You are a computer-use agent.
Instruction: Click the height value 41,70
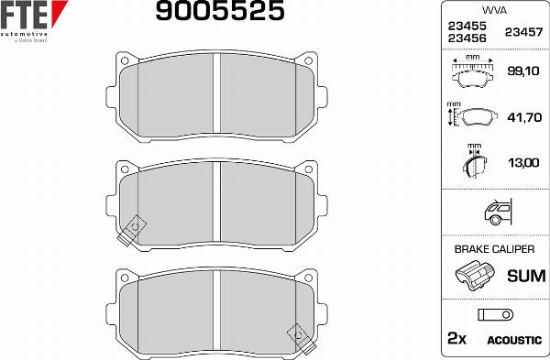pos(522,117)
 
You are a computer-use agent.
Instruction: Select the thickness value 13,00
pos(522,162)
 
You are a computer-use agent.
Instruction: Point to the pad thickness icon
pos(474,162)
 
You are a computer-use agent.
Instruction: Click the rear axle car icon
pos(496,213)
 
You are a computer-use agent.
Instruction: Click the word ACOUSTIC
pos(514,340)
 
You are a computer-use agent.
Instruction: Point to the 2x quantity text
pos(456,339)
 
